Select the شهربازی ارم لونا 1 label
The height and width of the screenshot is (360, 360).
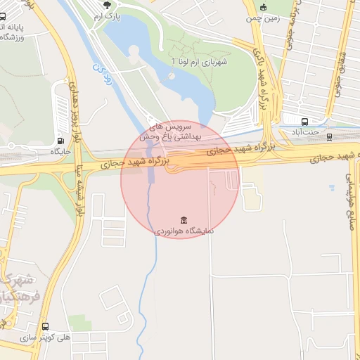pyautogui.click(x=200, y=62)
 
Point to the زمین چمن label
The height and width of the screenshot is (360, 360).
pyautogui.click(x=264, y=18)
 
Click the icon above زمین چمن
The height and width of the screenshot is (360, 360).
pyautogui.click(x=264, y=6)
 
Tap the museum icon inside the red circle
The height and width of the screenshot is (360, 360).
pyautogui.click(x=184, y=219)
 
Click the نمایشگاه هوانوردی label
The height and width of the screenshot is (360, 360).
pyautogui.click(x=184, y=230)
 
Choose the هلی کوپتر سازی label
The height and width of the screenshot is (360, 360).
pyautogui.click(x=46, y=337)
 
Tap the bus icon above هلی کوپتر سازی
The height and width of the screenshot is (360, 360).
pyautogui.click(x=46, y=327)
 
